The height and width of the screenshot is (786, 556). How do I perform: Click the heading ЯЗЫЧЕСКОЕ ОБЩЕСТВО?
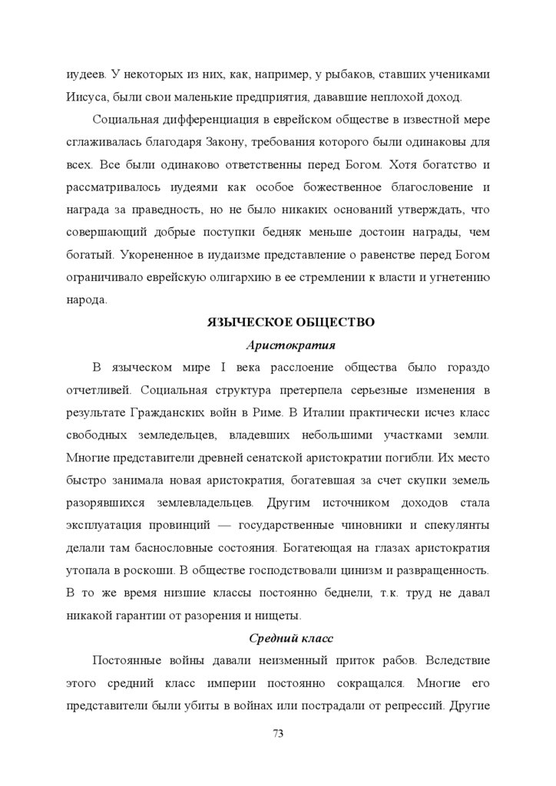[x=291, y=322]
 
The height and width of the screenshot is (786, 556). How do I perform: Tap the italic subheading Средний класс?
[x=290, y=639]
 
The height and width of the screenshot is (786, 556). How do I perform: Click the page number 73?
[x=278, y=734]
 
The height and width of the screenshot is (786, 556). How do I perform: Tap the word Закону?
[x=267, y=143]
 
